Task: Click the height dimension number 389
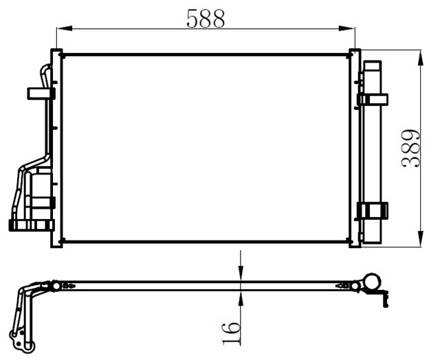pos(411,148)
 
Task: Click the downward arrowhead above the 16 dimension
pos(241,274)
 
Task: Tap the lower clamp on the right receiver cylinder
pos(373,210)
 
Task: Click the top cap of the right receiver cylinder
pos(373,66)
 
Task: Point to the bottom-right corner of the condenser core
pos(351,241)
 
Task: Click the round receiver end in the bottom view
pos(371,282)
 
